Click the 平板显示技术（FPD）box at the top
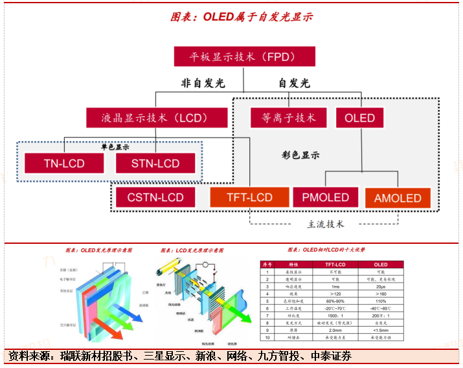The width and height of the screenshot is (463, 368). click(x=244, y=56)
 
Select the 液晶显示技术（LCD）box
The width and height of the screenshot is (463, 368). click(x=157, y=118)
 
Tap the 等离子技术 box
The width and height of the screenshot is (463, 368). click(x=288, y=118)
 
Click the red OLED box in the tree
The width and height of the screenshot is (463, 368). click(x=359, y=118)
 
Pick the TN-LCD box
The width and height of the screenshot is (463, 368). click(x=63, y=163)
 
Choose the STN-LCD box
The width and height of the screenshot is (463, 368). click(x=155, y=163)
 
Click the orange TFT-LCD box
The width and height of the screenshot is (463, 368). click(x=249, y=197)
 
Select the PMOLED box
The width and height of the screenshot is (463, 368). click(x=325, y=197)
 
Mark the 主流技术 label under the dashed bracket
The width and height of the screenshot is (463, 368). click(x=325, y=224)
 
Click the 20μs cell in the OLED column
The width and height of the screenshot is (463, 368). click(x=381, y=287)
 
